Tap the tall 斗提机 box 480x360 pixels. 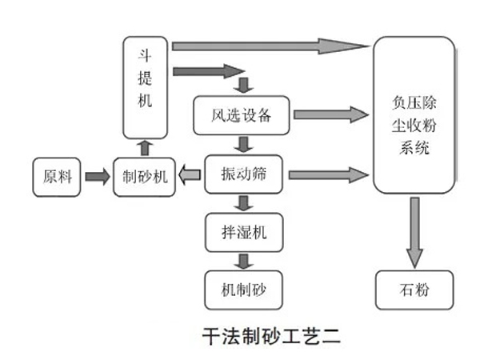point(146,88)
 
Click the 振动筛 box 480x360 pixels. point(244,174)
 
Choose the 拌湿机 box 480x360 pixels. point(244,231)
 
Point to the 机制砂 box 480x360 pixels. point(244,286)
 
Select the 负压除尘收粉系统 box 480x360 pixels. point(414,116)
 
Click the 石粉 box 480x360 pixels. point(414,289)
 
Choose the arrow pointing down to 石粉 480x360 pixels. point(414,232)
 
